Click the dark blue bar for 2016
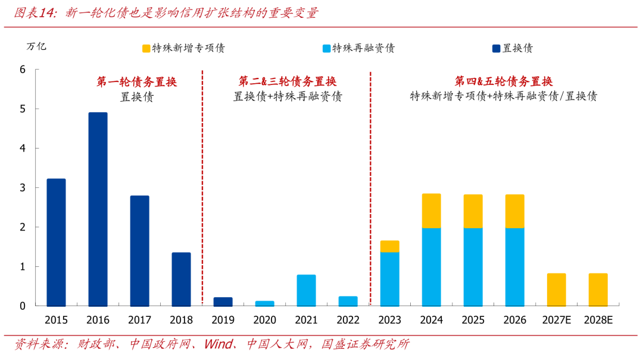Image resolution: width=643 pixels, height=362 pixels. coord(98,209)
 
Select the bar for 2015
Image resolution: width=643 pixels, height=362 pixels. coord(56,243)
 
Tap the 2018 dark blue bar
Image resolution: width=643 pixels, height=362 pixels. coord(181,279)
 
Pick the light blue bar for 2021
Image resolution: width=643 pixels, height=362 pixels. coord(307,290)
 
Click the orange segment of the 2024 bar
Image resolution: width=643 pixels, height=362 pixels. coord(432,211)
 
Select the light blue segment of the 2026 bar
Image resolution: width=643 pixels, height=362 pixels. coord(514,267)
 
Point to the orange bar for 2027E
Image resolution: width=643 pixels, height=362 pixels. coord(557,290)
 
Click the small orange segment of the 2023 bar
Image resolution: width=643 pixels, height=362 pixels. coord(389,247)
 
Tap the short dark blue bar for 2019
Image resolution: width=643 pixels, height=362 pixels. coord(223,302)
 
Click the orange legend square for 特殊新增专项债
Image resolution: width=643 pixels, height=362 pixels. coord(146,49)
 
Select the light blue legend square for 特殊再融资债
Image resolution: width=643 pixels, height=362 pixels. coord(326,49)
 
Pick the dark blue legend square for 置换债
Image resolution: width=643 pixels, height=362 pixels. coord(496,49)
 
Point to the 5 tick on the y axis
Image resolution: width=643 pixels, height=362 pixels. coord(23,109)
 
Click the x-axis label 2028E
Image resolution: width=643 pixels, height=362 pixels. coord(598,320)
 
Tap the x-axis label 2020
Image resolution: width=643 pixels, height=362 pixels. coord(264,320)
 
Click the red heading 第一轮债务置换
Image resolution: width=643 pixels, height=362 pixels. coord(136,82)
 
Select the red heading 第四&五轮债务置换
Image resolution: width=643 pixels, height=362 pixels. coord(504,81)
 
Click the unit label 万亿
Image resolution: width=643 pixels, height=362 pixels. coord(36,47)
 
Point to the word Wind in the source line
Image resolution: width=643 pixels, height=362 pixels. coord(219,344)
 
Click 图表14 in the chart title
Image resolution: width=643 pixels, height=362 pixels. coord(35,12)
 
